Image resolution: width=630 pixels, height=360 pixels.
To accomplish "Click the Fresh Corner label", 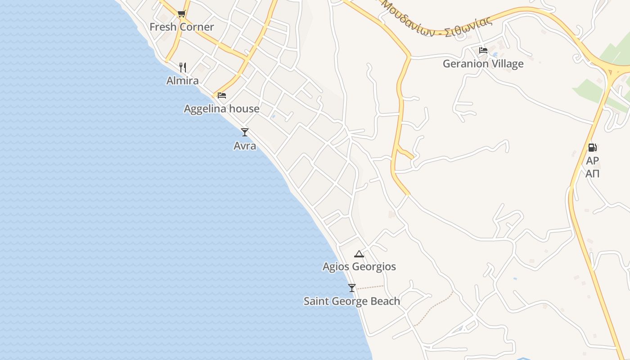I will tap(181, 27).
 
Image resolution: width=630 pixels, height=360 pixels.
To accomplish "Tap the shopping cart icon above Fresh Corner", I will tap(181, 13).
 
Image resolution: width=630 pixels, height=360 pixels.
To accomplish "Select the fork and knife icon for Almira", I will tap(183, 67).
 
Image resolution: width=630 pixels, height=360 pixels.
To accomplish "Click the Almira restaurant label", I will tap(182, 81).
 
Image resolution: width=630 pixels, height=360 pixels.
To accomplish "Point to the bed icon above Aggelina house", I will tap(222, 95).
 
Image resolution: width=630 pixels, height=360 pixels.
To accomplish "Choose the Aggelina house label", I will tap(221, 109).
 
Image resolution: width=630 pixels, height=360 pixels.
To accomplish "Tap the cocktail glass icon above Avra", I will tap(245, 132).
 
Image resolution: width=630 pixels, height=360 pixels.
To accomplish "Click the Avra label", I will tap(245, 146).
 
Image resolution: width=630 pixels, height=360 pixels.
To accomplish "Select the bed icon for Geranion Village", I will tap(483, 50).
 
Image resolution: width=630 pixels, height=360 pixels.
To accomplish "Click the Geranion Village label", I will tap(483, 64).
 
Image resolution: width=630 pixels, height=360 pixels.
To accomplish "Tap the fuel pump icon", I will tap(592, 147).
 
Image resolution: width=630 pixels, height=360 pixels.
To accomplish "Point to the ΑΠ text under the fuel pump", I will tap(592, 174).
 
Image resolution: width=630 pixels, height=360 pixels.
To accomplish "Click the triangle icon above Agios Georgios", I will tap(359, 254).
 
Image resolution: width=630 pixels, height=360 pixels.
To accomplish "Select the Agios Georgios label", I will tap(359, 267).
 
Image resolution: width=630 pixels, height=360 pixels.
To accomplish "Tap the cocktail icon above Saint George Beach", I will tap(352, 288).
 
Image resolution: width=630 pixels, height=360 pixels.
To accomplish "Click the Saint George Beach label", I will tap(351, 301).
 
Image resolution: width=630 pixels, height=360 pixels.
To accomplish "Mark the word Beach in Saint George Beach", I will tap(384, 301).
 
